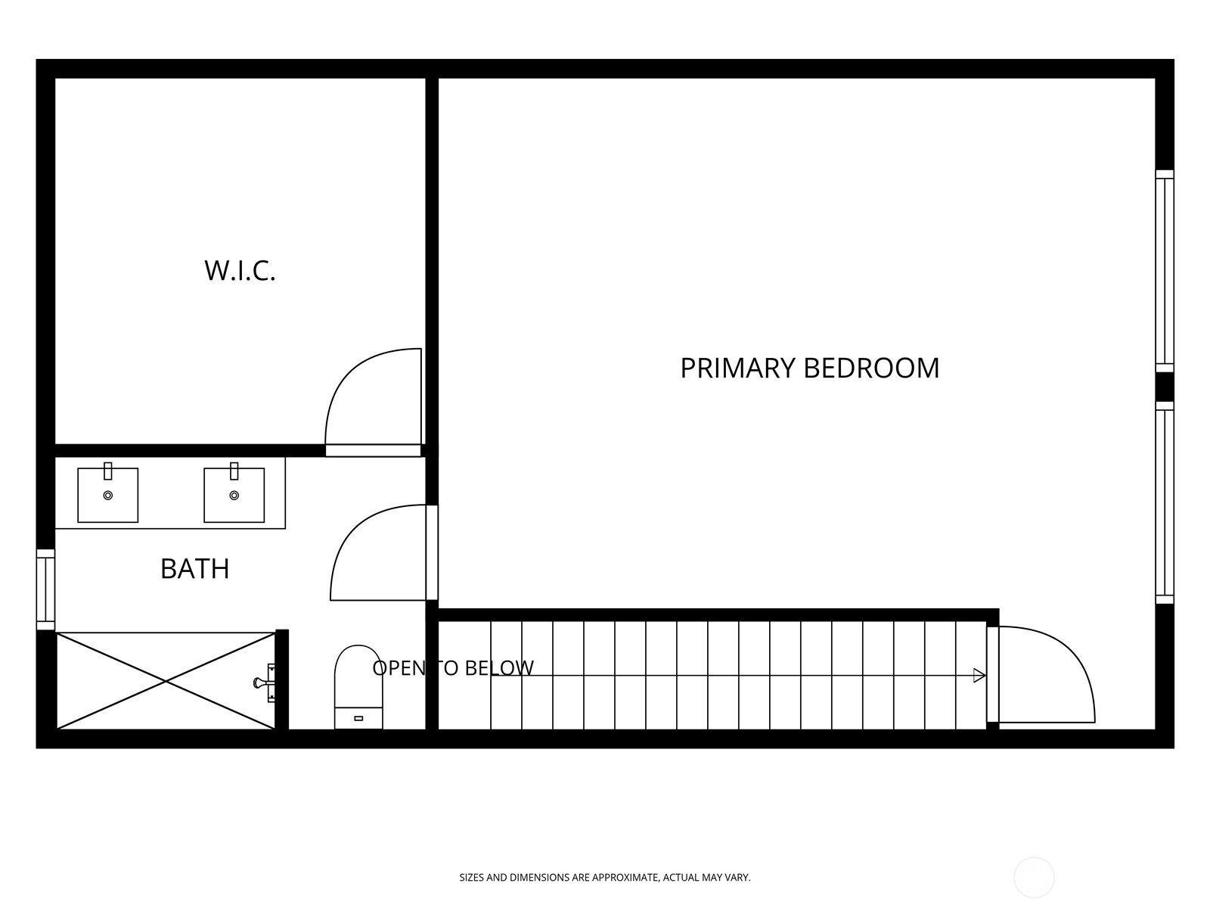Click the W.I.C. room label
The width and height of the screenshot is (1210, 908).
(x=240, y=271)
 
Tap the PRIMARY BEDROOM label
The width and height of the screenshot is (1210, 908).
(x=809, y=368)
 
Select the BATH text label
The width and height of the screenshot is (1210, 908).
(x=194, y=568)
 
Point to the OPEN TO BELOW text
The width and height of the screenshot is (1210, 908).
(x=452, y=667)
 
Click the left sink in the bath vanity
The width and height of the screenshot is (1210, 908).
(x=107, y=495)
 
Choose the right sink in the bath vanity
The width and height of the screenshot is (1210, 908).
(x=234, y=495)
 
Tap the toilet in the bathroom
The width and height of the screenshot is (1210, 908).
(x=358, y=687)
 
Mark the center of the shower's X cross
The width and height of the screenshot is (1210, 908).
(x=166, y=682)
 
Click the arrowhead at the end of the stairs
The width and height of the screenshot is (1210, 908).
(x=979, y=676)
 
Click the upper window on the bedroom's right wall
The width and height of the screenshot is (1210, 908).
(x=1164, y=271)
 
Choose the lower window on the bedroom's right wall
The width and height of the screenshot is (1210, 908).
(x=1164, y=502)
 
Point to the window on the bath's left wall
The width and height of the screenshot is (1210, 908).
(x=46, y=589)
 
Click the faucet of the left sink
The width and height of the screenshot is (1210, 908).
(x=108, y=471)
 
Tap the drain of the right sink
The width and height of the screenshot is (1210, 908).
(x=234, y=496)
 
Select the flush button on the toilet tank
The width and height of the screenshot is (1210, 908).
(x=358, y=718)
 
